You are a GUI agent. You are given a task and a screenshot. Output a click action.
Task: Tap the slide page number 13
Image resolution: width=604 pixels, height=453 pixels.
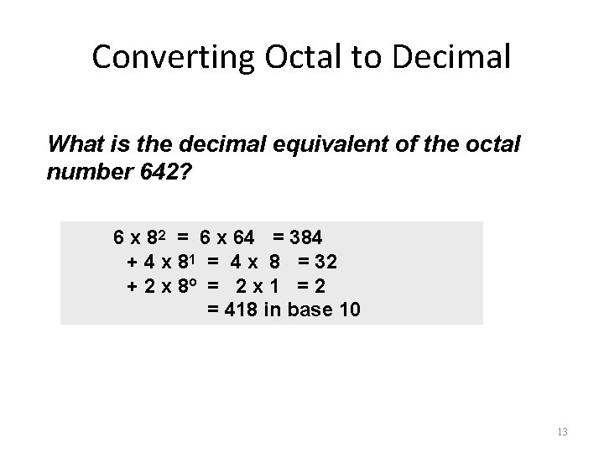[562, 432]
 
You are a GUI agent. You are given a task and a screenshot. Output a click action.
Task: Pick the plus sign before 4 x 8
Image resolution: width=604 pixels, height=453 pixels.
[132, 262]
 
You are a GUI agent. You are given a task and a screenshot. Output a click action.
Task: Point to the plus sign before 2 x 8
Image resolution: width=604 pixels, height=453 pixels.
[132, 286]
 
